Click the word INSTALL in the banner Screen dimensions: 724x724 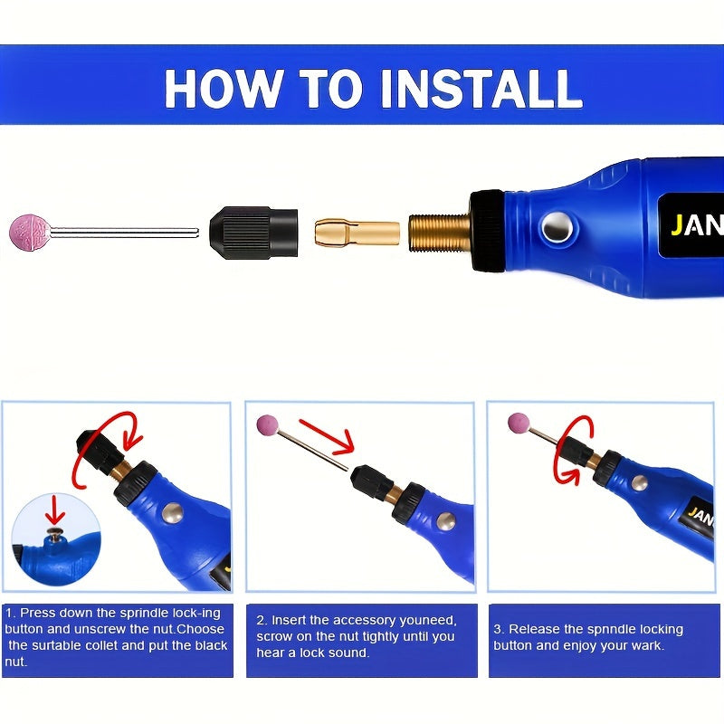tap(481, 89)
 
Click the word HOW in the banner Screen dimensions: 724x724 tap(223, 89)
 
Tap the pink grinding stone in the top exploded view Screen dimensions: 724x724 tap(30, 233)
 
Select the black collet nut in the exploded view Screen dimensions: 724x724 tap(253, 233)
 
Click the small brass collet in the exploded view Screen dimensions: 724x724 tap(357, 233)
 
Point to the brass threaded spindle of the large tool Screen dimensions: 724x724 tap(439, 233)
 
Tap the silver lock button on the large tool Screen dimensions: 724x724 tap(557, 228)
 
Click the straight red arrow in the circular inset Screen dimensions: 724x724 tap(55, 510)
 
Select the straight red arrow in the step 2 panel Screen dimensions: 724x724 tap(327, 436)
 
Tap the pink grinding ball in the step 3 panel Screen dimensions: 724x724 tap(519, 423)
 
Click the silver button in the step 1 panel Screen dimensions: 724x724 tap(173, 513)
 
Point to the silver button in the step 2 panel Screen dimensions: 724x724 tap(446, 521)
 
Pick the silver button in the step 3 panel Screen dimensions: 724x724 tap(640, 483)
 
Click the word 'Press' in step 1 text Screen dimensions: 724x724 tap(38, 614)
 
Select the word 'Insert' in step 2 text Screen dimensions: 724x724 tap(289, 620)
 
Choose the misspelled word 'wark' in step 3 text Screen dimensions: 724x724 tap(649, 645)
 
